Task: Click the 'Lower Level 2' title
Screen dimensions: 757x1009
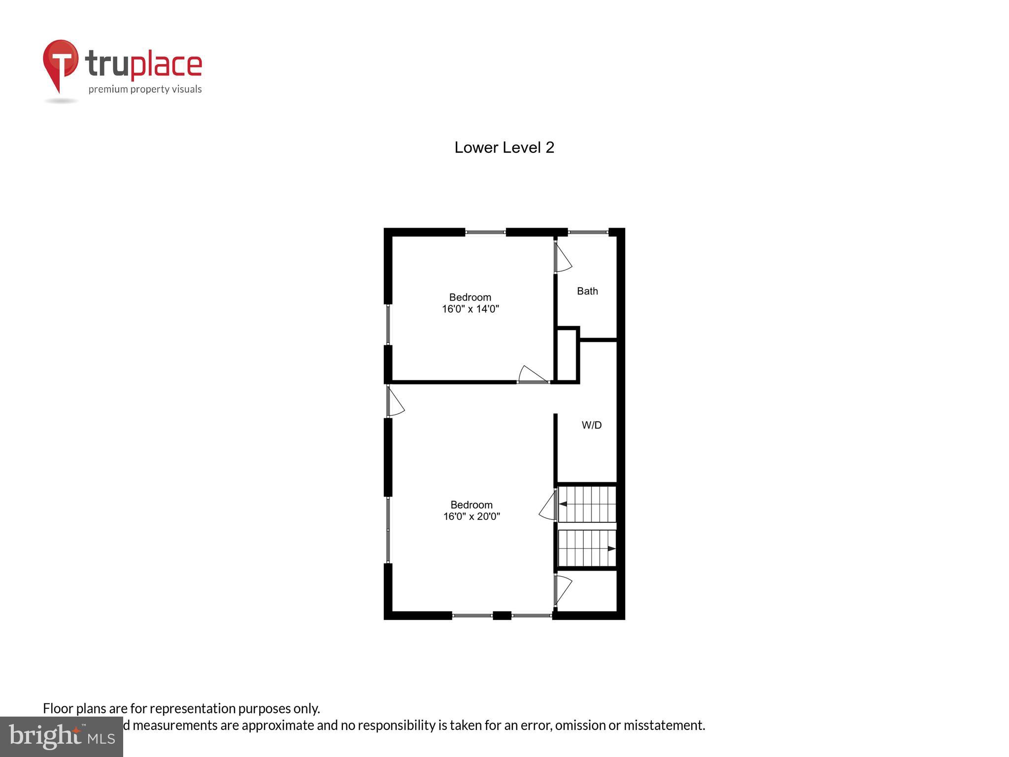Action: pyautogui.click(x=504, y=147)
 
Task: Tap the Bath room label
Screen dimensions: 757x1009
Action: pyautogui.click(x=587, y=291)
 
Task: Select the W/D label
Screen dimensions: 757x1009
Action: pyautogui.click(x=591, y=425)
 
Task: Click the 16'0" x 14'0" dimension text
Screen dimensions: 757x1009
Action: pyautogui.click(x=471, y=310)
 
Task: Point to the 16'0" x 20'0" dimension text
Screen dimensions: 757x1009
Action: pyautogui.click(x=471, y=516)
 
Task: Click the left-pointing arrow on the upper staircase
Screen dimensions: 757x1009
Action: pyautogui.click(x=563, y=504)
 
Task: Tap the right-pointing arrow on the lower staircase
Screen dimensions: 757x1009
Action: pyautogui.click(x=611, y=549)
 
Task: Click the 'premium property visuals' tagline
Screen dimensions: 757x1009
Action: pyautogui.click(x=145, y=89)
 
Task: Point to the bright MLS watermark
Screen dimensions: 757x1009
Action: pyautogui.click(x=62, y=736)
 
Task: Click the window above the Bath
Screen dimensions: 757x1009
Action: pyautogui.click(x=588, y=232)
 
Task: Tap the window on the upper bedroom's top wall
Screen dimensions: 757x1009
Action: pyautogui.click(x=485, y=232)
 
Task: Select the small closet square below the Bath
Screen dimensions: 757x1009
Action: pyautogui.click(x=567, y=355)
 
